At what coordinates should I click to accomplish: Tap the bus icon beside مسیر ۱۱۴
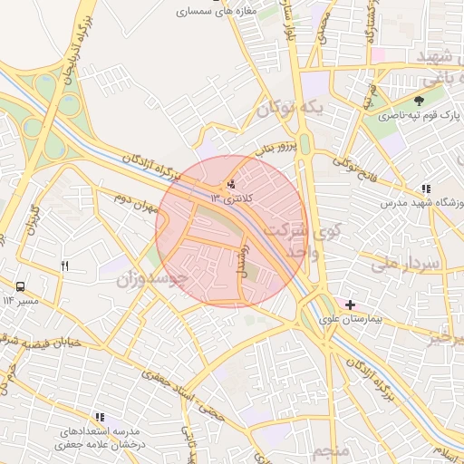pyautogui.click(x=20, y=285)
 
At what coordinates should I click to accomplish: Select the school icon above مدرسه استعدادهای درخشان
pyautogui.click(x=99, y=416)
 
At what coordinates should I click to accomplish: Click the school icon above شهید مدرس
pyautogui.click(x=425, y=189)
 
